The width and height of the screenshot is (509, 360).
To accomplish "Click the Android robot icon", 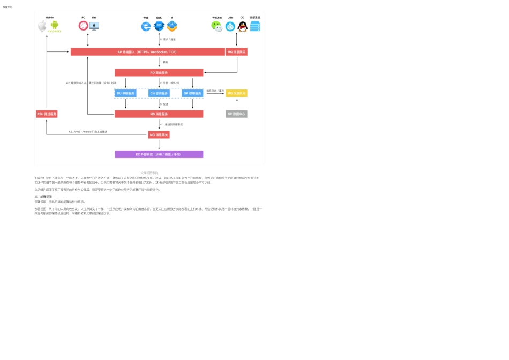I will tap(55, 25).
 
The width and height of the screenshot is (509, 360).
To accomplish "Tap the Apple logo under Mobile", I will tap(42, 26).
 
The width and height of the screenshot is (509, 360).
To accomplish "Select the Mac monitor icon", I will tap(94, 26).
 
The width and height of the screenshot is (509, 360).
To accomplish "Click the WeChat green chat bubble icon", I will tap(216, 26).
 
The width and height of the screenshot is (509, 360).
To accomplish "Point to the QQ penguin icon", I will tap(242, 26).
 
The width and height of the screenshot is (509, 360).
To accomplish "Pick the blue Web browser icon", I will tap(146, 26).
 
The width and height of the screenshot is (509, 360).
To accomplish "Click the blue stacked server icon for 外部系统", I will tap(255, 26).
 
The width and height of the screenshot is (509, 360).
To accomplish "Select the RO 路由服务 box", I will tap(159, 72).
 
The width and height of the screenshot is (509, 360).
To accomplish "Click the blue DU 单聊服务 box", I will tap(126, 93).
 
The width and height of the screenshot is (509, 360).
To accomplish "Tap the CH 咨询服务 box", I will tap(159, 93).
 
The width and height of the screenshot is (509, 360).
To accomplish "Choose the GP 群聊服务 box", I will tap(192, 93).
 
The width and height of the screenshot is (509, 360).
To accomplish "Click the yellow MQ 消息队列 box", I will tap(236, 93).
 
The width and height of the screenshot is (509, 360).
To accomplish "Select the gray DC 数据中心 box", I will tap(236, 114).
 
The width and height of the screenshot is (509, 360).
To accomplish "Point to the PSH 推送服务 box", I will tap(47, 114).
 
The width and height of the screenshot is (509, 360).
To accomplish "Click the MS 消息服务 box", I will tap(159, 114).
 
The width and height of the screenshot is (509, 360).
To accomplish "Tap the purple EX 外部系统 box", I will tap(159, 154).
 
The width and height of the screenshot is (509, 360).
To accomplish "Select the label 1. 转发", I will tap(164, 62).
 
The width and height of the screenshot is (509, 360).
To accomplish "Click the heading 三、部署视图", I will tap(43, 197).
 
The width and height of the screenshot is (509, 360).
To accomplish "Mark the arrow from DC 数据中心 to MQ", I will tap(236, 104).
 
